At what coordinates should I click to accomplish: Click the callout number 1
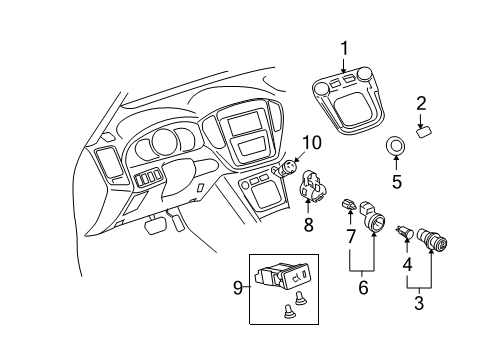[x=345, y=48]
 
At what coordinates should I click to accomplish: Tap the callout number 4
[x=408, y=265]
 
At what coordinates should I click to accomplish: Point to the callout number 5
[x=396, y=183]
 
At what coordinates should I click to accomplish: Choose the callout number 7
[x=350, y=236]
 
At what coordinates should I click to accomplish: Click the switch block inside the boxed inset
[x=286, y=276]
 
